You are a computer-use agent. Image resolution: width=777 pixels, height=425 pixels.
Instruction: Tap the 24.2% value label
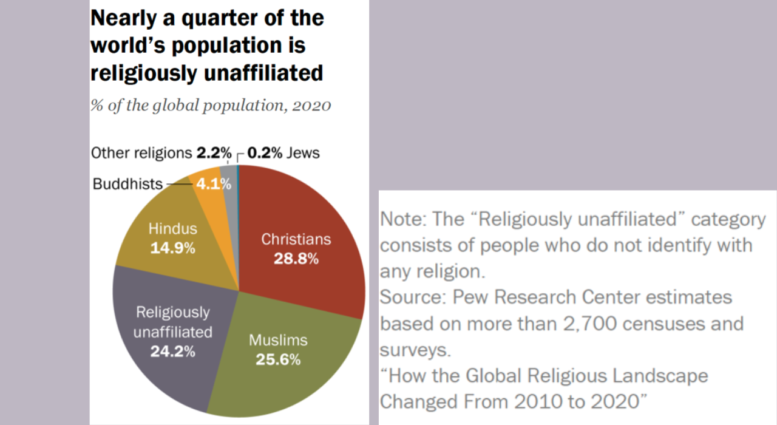pos(173,352)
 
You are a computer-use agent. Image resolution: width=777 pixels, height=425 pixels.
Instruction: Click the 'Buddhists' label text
pos(127,184)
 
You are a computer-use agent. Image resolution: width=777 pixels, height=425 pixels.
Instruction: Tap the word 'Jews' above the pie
pos(304,153)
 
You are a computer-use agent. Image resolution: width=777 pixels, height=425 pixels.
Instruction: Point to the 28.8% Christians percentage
pos(296,259)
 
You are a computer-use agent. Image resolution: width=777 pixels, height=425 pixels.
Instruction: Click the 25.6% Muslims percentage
pos(278,359)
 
